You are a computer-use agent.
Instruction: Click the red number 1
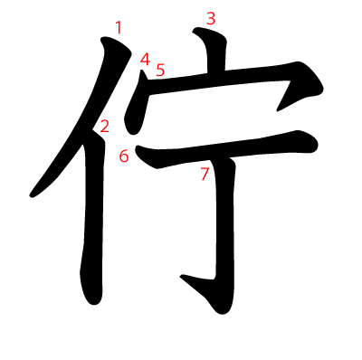119,27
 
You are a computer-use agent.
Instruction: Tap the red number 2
104,127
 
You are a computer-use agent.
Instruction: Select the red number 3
211,19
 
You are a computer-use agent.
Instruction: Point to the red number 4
145,59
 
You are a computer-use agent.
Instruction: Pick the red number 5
160,70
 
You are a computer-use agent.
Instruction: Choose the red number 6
124,156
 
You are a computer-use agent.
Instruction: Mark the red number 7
205,174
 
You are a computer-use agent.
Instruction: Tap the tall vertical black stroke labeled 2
93,217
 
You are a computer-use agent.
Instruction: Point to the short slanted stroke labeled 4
137,102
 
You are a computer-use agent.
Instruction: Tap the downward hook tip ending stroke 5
278,110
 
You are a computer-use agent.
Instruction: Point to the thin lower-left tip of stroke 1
31,196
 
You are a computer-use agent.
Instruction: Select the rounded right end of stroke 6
314,144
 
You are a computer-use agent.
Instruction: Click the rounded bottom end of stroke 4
133,132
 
